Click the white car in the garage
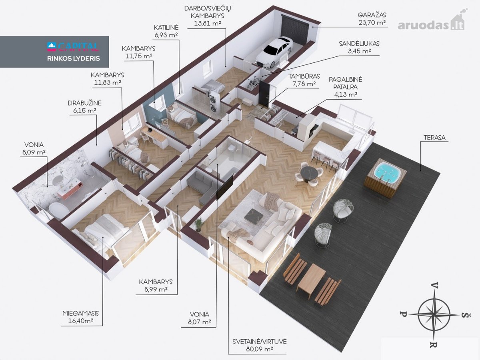[275, 52]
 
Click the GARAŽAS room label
[372, 15]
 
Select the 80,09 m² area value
[260, 349]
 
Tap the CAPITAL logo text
[73, 46]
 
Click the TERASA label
[434, 138]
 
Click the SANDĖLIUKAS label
[359, 44]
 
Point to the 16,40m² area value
[81, 321]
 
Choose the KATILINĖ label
[166, 28]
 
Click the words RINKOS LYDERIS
[74, 58]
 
